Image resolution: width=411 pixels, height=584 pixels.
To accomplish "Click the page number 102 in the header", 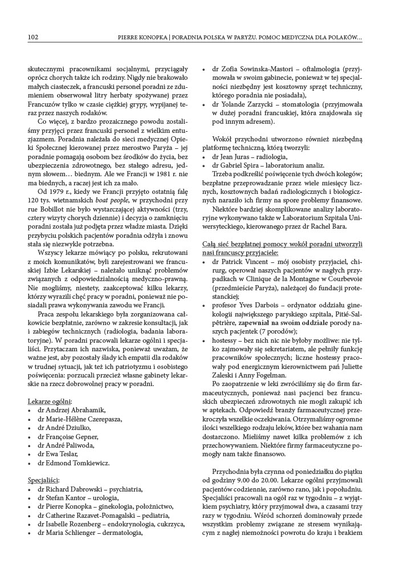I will coord(32,37).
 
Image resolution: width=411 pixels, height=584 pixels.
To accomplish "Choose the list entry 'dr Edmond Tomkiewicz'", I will coord(74,463).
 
